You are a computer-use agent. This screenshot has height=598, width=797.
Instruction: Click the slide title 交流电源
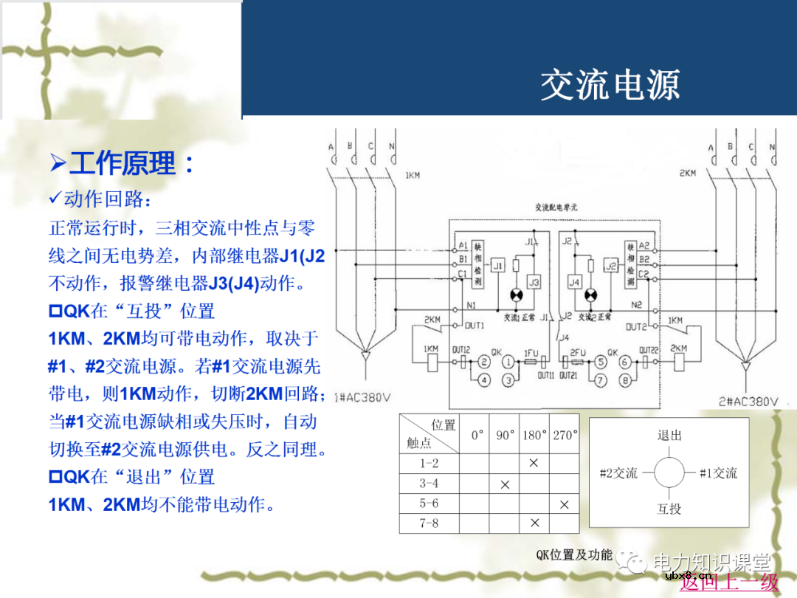(x=610, y=86)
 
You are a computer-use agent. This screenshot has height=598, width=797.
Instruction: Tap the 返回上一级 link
(x=729, y=582)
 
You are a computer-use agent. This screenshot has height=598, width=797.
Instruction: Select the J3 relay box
(x=534, y=282)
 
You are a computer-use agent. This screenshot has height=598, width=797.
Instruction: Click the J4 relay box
(x=574, y=282)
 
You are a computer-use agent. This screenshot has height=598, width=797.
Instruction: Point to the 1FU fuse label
(x=531, y=354)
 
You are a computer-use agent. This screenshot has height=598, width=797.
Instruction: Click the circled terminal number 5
(x=601, y=362)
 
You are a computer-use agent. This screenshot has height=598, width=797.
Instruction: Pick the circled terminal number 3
(x=508, y=380)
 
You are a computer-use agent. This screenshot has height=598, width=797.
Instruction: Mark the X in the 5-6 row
(x=565, y=504)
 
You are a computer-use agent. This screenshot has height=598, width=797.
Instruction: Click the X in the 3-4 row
(x=505, y=485)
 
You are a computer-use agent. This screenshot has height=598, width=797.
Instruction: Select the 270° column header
(x=565, y=435)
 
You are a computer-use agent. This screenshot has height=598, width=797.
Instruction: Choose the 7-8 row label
(x=429, y=523)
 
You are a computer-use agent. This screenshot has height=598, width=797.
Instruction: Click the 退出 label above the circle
(x=669, y=435)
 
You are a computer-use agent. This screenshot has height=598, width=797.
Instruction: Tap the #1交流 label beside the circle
(x=717, y=473)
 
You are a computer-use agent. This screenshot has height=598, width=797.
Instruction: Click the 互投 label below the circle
(x=669, y=509)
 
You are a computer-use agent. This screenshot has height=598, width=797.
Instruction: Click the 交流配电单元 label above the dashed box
(x=556, y=207)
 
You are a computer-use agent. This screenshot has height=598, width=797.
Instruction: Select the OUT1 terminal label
(x=475, y=325)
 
